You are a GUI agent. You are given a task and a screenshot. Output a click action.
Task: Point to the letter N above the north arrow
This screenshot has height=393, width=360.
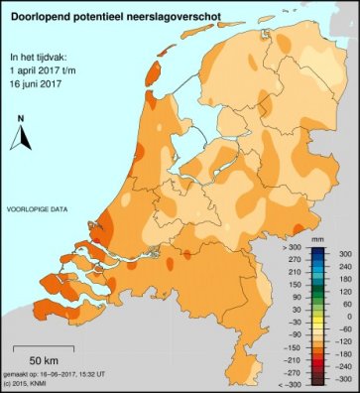point(20,120)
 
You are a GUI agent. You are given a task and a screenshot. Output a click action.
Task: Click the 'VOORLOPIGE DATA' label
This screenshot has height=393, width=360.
point(38,210)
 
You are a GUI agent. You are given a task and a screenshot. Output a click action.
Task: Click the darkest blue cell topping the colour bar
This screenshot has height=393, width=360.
point(315,249)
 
